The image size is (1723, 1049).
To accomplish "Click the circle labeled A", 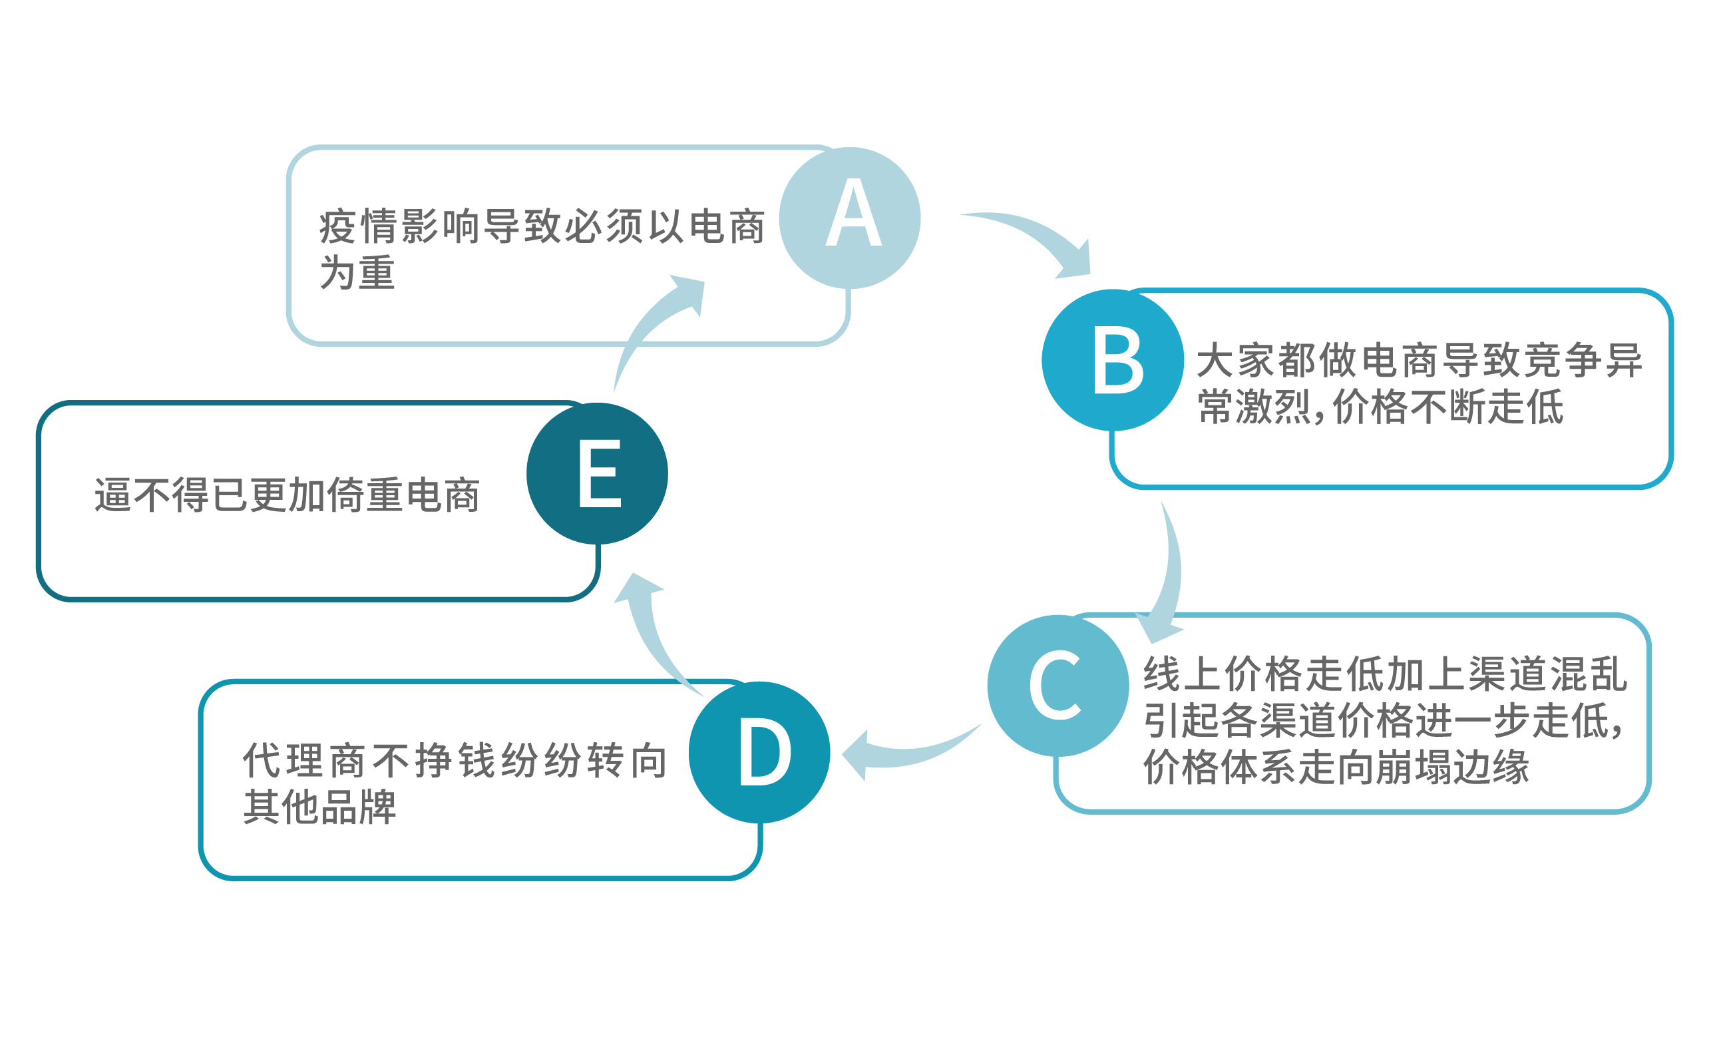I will click(x=849, y=218).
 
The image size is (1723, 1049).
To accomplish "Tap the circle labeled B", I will click(x=1113, y=359).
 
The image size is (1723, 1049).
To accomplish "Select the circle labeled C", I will click(x=1058, y=686).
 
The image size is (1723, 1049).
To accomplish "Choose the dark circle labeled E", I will click(x=597, y=473).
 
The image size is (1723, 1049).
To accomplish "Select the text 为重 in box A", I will click(x=357, y=273).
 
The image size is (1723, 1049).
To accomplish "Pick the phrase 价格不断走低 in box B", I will click(x=1448, y=407).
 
